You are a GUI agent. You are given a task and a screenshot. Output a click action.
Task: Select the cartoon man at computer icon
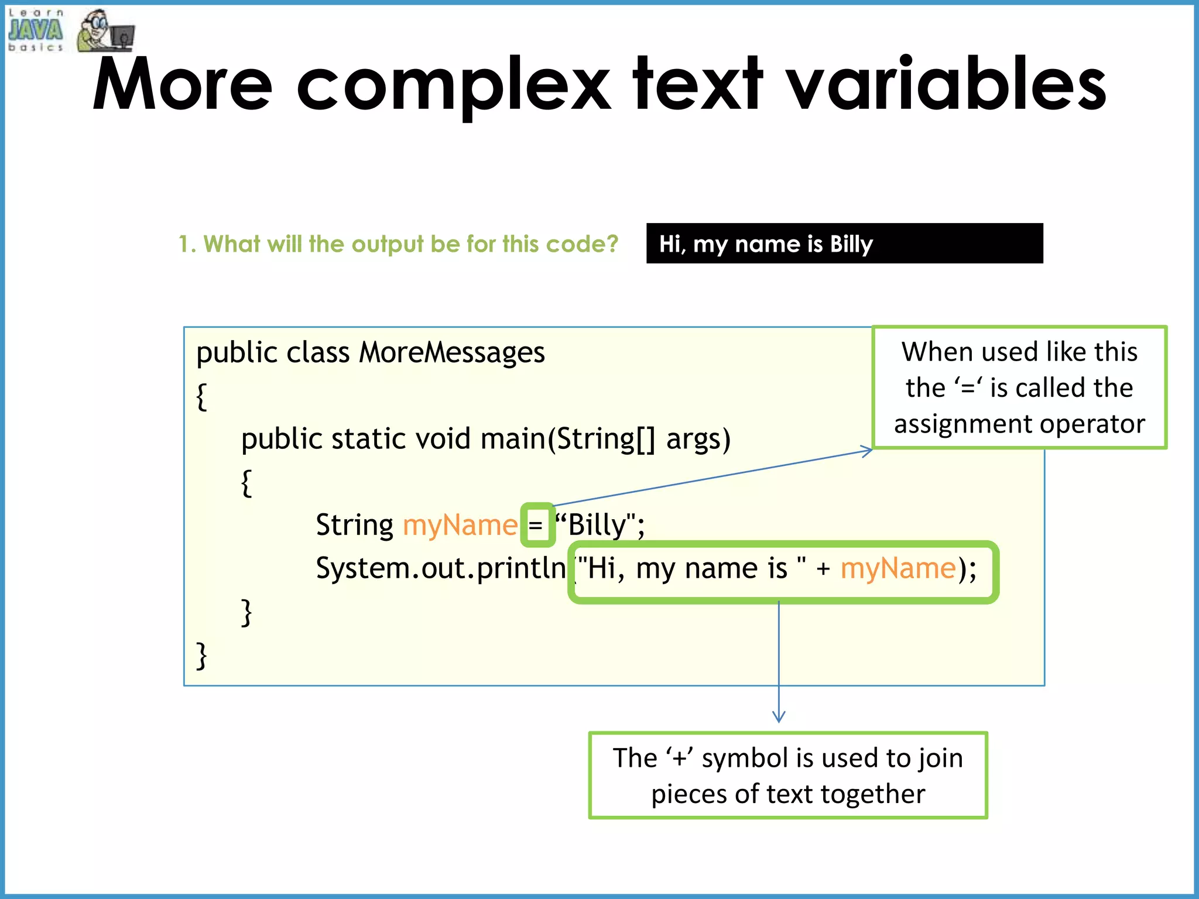coord(104,31)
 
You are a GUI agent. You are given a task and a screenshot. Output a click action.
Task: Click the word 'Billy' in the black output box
coord(851,244)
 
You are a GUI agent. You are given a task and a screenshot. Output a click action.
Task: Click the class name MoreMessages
coord(451,353)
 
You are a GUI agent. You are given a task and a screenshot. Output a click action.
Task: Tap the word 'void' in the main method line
coord(443,439)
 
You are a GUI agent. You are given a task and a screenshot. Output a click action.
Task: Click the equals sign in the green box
coord(536,525)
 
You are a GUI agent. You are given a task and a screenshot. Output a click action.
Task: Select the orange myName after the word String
coord(460,525)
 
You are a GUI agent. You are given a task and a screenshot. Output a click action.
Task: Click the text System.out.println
coord(440,568)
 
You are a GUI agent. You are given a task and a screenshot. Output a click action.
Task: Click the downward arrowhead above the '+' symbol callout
coord(779,718)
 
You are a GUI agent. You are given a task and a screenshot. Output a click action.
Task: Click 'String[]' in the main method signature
coord(605,439)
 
